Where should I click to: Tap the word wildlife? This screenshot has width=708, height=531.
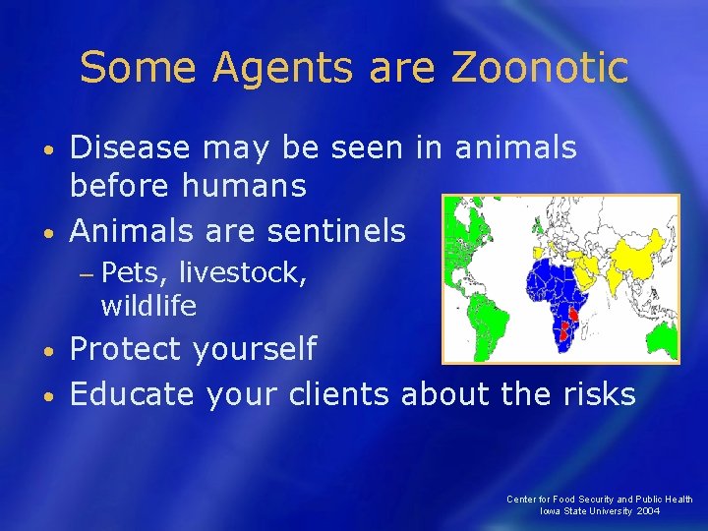tap(148, 306)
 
